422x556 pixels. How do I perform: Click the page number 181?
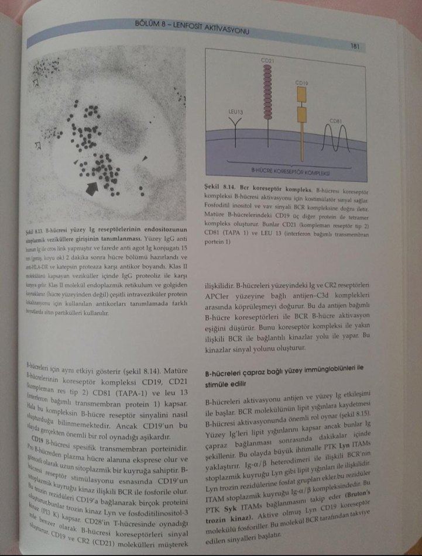coord(354,45)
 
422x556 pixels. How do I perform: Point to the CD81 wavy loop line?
coord(335,139)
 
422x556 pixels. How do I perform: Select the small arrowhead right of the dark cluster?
coord(146,157)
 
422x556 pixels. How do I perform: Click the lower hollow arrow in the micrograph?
coord(39,144)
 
